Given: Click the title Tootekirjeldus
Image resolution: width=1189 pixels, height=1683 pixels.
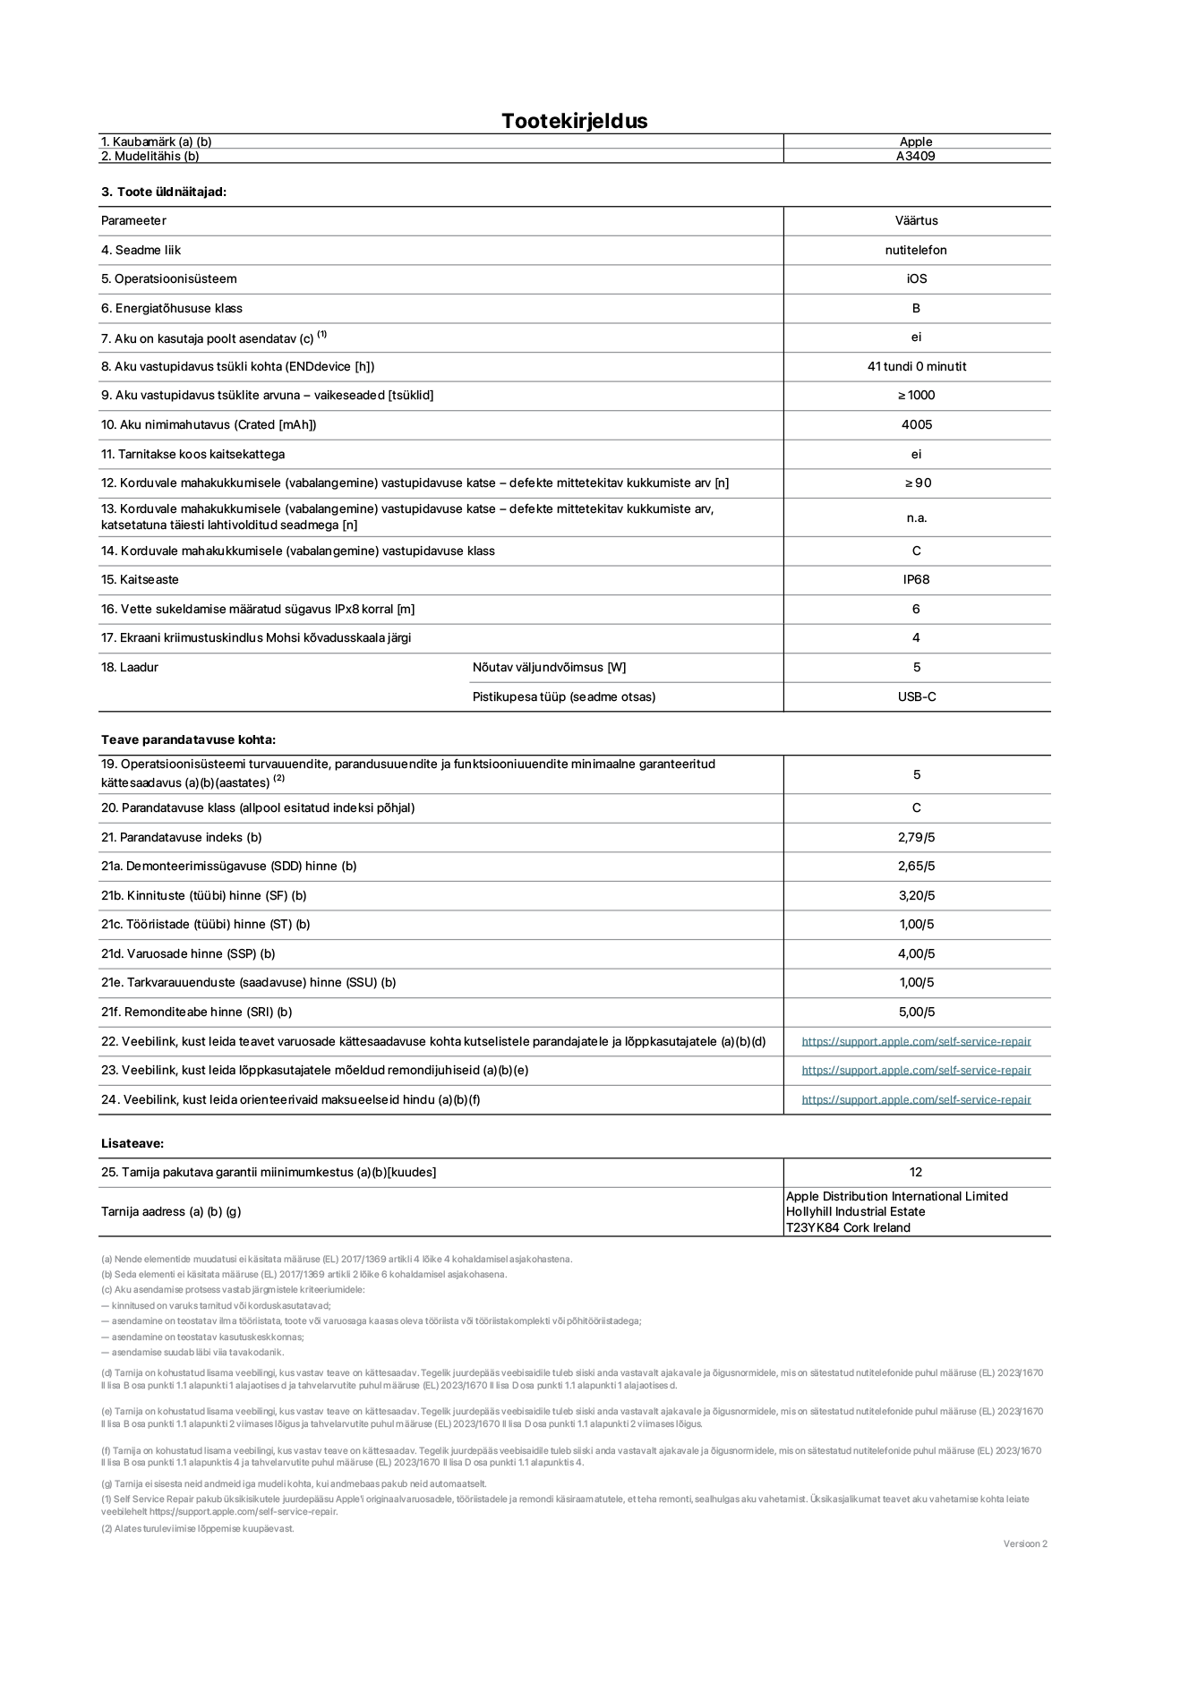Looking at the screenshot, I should pyautogui.click(x=574, y=121).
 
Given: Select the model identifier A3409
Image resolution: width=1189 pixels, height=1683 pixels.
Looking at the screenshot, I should pyautogui.click(x=916, y=156).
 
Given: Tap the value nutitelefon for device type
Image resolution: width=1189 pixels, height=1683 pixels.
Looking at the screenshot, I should pyautogui.click(x=916, y=250).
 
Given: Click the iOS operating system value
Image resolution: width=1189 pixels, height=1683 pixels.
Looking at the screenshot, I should pyautogui.click(x=916, y=278).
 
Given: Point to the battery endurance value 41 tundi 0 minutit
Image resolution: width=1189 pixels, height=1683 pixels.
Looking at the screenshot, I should pyautogui.click(x=916, y=366).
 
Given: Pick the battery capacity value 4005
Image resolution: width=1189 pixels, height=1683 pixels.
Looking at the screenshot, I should pyautogui.click(x=916, y=424).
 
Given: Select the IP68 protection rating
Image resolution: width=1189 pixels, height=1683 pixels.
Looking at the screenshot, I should pyautogui.click(x=916, y=579).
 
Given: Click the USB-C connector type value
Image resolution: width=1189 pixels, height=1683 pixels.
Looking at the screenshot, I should pyautogui.click(x=916, y=696).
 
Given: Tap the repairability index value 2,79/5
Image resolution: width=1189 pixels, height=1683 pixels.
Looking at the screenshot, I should pyautogui.click(x=916, y=837).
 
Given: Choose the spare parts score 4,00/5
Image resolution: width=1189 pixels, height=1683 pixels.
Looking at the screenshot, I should pyautogui.click(x=916, y=953).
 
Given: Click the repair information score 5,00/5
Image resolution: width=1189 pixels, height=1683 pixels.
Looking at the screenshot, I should pyautogui.click(x=916, y=1012).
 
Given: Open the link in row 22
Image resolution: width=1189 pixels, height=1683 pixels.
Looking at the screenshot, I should pyautogui.click(x=916, y=1041).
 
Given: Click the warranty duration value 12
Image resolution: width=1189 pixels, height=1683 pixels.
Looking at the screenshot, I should pyautogui.click(x=915, y=1172).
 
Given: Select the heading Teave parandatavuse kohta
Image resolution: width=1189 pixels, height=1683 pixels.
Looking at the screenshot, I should pyautogui.click(x=188, y=739).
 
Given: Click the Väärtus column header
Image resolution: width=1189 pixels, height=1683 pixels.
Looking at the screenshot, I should pyautogui.click(x=916, y=220).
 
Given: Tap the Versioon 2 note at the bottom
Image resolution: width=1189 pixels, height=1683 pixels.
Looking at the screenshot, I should pyautogui.click(x=1025, y=1543).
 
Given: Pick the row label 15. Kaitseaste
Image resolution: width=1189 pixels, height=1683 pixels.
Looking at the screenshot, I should pyautogui.click(x=140, y=579).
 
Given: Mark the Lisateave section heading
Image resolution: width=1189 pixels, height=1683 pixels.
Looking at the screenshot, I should pyautogui.click(x=133, y=1143).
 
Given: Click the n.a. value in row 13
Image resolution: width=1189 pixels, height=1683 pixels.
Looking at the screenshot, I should pyautogui.click(x=916, y=517).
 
